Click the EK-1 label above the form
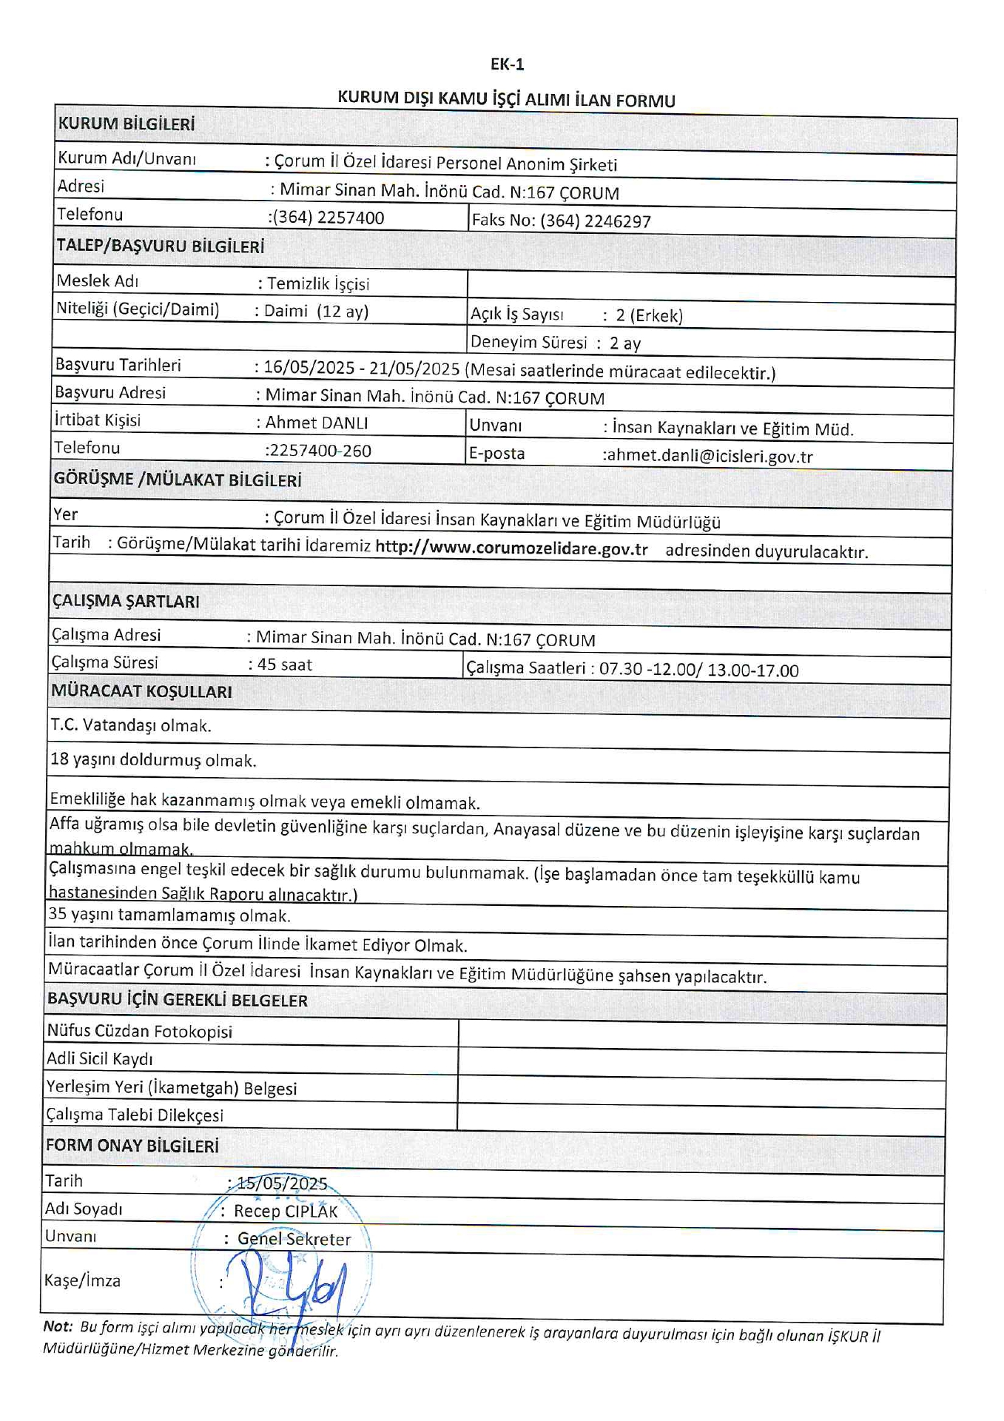pos(507,64)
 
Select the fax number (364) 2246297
pos(595,221)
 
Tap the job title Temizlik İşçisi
pos(318,283)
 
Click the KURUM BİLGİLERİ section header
pos(127,124)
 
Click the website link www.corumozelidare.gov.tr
pos(511,548)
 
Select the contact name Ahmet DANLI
pos(317,423)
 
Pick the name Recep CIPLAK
pos(286,1211)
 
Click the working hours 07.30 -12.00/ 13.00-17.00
pos(698,670)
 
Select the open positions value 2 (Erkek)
pos(649,315)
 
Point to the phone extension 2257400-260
pos(319,451)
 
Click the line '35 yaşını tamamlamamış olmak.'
pos(169,916)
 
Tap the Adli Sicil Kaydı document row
pos(100,1059)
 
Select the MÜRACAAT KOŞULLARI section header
pos(141,691)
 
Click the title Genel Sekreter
pos(294,1239)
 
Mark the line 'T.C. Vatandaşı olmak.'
pos(131,725)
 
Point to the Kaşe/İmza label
pos(82,1280)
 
